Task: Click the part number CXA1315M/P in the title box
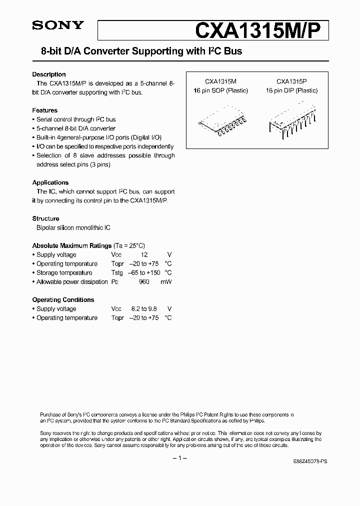(x=261, y=30)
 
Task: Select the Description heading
(x=49, y=74)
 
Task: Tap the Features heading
(x=45, y=110)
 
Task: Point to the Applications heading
(x=50, y=182)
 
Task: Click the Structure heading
(x=46, y=218)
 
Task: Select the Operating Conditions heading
(x=63, y=300)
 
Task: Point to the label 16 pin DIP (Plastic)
(x=291, y=91)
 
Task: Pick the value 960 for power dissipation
(x=144, y=282)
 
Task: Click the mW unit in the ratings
(x=166, y=282)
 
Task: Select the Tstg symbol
(x=117, y=273)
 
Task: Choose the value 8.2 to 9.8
(x=143, y=309)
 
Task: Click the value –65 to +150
(x=144, y=273)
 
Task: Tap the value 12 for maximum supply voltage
(x=144, y=255)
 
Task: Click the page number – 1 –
(x=179, y=458)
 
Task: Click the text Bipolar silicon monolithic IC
(x=73, y=227)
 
